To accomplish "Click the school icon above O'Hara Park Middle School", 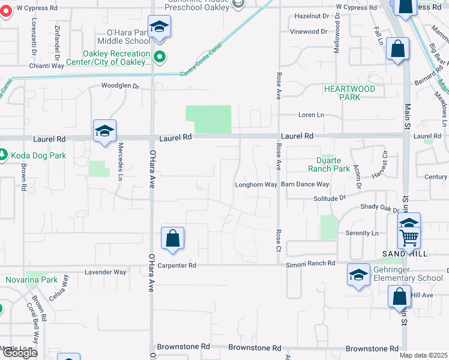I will pyautogui.click(x=159, y=27).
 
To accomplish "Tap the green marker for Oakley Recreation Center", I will pyautogui.click(x=159, y=58).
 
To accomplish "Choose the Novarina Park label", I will pyautogui.click(x=31, y=280).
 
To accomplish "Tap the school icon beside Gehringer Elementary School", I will pyautogui.click(x=358, y=275).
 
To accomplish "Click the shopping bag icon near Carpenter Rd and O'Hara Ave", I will pyautogui.click(x=172, y=238).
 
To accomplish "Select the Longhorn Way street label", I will pyautogui.click(x=256, y=185).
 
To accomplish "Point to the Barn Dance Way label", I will pyautogui.click(x=305, y=185).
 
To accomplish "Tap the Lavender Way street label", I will pyautogui.click(x=106, y=272).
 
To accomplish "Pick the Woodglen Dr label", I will pyautogui.click(x=120, y=86).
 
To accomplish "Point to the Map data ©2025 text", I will pyautogui.click(x=424, y=355).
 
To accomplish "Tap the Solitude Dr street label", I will pyautogui.click(x=330, y=197).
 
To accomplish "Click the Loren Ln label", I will pyautogui.click(x=312, y=115).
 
